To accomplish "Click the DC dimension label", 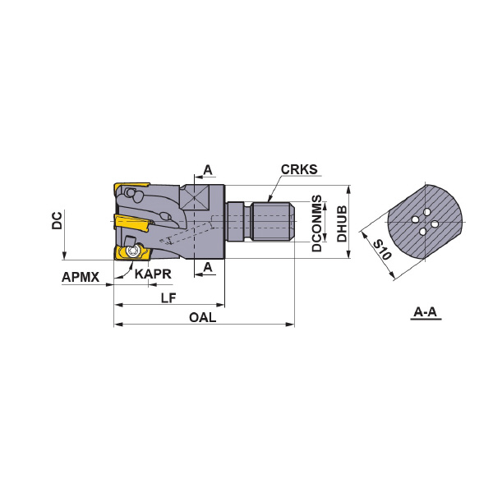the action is (57, 220).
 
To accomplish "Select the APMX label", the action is (81, 277).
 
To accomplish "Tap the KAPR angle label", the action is (153, 274).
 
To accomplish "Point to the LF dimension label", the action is (168, 297).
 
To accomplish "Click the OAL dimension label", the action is (202, 317).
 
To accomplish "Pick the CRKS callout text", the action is (299, 169).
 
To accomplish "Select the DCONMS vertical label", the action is (317, 223).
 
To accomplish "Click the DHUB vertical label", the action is (342, 223).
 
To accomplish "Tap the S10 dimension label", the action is (383, 249).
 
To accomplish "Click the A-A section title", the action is (426, 312).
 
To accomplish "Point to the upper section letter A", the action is (208, 170).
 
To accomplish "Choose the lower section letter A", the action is (208, 267).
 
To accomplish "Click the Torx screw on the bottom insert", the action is (131, 251).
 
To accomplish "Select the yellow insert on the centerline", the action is (132, 223).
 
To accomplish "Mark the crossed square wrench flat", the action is (194, 197).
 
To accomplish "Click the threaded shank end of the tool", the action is (274, 223).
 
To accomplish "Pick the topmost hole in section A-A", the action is (426, 212).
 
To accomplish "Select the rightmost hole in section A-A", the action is (435, 224).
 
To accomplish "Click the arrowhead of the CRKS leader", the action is (270, 199).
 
